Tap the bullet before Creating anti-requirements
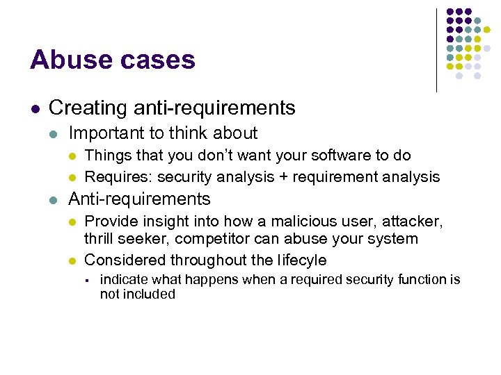(35, 109)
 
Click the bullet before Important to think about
(54, 134)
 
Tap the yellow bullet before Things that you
(72, 156)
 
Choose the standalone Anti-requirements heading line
(139, 199)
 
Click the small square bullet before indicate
(88, 281)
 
